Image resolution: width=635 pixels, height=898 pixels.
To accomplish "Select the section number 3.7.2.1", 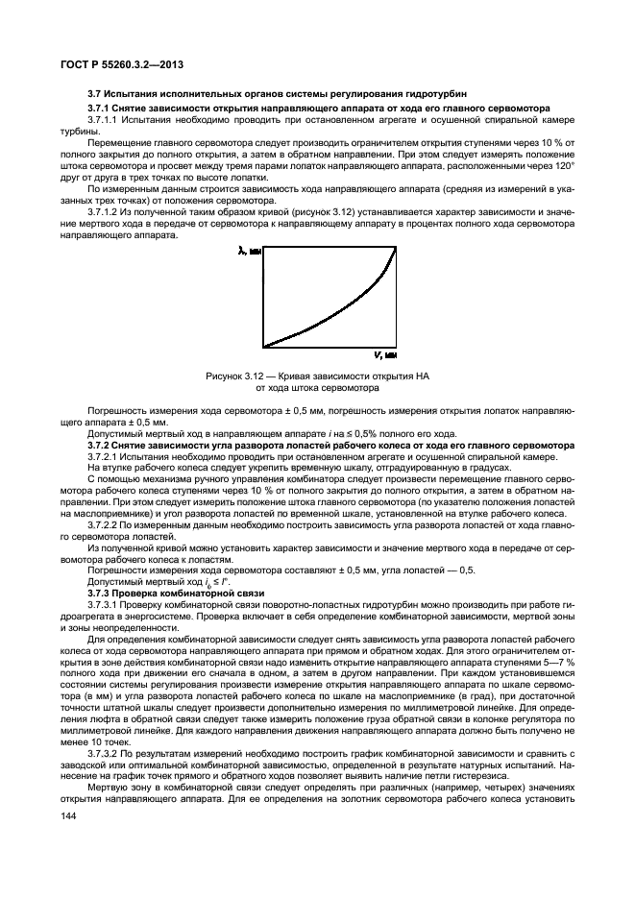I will (104, 456).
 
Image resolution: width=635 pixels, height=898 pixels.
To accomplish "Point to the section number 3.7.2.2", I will (104, 524).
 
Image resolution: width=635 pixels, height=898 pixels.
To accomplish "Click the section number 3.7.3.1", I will (104, 604).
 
